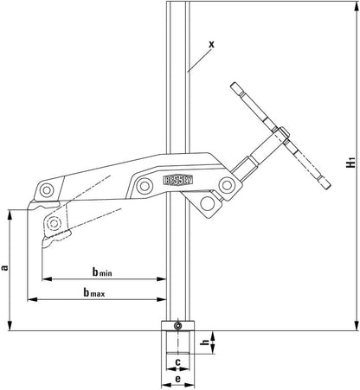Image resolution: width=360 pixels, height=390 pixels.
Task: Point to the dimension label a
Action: [6, 269]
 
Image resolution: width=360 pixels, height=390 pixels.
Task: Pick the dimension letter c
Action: [177, 361]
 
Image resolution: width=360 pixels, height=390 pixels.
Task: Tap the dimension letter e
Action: [177, 379]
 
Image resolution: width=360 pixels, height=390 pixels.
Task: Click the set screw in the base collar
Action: [177, 325]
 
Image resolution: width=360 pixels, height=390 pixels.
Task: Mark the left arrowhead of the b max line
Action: [31, 300]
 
